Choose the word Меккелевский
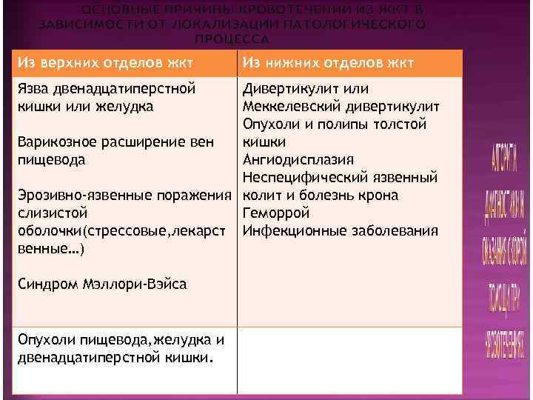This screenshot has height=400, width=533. point(292,107)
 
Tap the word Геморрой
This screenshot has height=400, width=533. point(275,213)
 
